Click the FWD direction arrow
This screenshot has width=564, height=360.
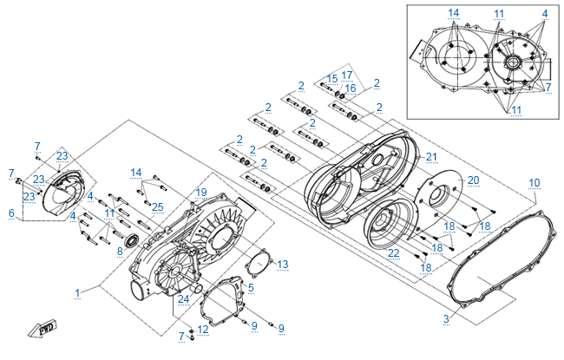point(43,329)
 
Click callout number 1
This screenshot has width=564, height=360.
point(78,293)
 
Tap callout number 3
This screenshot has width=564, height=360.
point(446,318)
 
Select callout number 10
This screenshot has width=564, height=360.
point(534,183)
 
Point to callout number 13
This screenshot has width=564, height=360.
point(283,265)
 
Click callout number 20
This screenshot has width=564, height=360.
point(474,180)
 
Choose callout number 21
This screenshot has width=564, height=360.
point(431,157)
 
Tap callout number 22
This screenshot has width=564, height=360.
point(394,252)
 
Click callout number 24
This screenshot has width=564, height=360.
point(183,299)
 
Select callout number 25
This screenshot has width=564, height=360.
point(158,207)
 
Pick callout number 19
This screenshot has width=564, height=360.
point(201,193)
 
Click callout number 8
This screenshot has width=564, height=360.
point(120,251)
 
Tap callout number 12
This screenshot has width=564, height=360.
point(203,330)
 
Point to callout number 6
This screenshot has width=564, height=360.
point(11,213)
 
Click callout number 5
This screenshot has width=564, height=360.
point(251,287)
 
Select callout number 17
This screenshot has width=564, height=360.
point(347,75)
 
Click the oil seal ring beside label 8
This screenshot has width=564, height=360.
point(133,240)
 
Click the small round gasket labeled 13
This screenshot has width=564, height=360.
point(259,265)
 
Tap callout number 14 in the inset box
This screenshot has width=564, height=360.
point(453,13)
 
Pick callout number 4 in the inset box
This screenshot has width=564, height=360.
point(545,14)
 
